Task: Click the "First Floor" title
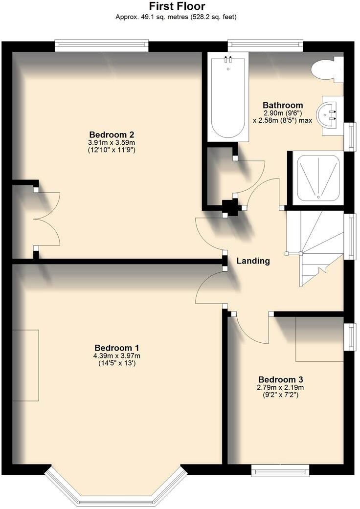pos(177,6)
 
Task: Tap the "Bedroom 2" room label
pos(112,134)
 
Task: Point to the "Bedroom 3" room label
pos(281,379)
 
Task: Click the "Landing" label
pos(253,261)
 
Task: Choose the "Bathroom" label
pos(283,105)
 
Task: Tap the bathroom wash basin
pos(329,115)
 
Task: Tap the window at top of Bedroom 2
pos(101,46)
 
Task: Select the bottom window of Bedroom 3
pos(280,470)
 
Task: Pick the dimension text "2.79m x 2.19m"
pos(281,387)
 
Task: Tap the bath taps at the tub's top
pos(227,61)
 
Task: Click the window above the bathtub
pos(265,46)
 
